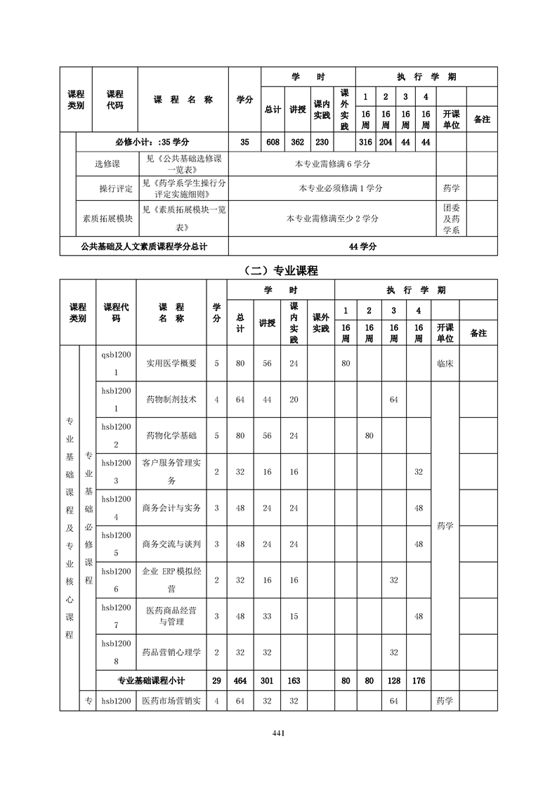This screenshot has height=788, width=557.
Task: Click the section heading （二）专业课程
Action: point(278,270)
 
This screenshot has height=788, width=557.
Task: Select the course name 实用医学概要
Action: point(171,364)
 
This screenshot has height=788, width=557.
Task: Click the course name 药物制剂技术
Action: point(171,399)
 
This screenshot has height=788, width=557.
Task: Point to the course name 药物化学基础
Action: point(171,435)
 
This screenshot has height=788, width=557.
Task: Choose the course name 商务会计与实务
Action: point(171,508)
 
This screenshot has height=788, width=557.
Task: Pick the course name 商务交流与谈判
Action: point(171,544)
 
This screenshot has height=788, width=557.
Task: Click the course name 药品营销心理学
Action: point(171,652)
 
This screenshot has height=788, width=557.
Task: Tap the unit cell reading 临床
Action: point(445,364)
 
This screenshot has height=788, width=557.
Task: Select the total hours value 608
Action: point(273,142)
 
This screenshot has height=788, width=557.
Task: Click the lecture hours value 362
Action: point(298,142)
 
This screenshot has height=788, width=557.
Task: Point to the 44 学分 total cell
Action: point(362,247)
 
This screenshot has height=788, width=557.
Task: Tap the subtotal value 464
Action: point(240,681)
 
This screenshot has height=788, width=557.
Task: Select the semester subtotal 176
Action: point(419,681)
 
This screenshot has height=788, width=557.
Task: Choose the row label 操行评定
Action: point(116,188)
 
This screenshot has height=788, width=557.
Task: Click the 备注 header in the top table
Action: point(482,119)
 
